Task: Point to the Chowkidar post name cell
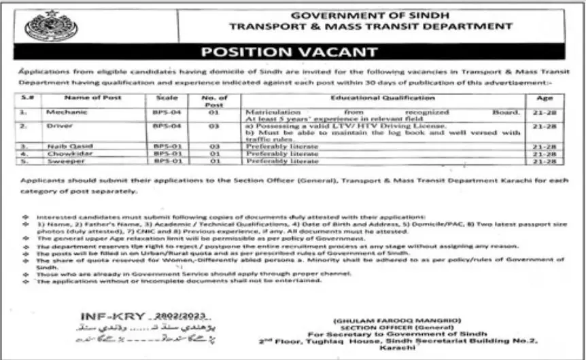click(63, 154)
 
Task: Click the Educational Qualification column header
click(373, 98)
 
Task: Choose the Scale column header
click(167, 98)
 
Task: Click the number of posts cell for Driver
click(213, 127)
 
